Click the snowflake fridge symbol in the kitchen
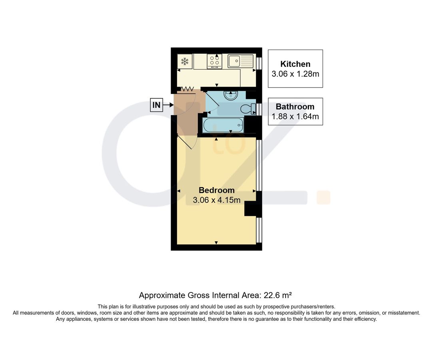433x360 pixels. click(x=185, y=62)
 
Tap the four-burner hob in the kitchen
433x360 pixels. click(x=215, y=62)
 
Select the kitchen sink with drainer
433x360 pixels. click(x=241, y=61)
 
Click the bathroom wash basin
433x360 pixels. click(x=231, y=96)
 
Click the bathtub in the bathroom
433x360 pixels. click(x=223, y=125)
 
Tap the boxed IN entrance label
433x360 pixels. click(x=156, y=105)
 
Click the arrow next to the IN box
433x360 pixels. click(x=169, y=105)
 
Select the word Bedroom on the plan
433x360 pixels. click(x=216, y=190)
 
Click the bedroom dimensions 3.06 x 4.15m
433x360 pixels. click(x=216, y=200)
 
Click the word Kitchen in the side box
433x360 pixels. click(x=295, y=64)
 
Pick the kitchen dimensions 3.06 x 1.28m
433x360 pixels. click(x=295, y=74)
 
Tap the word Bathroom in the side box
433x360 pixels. click(x=295, y=106)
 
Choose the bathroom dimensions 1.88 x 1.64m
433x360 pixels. click(x=295, y=116)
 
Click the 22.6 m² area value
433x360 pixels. click(x=275, y=296)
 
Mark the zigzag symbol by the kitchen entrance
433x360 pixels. click(x=188, y=88)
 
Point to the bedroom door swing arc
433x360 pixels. click(x=189, y=144)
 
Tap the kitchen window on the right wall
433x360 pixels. click(x=259, y=64)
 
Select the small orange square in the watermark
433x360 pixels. click(x=323, y=198)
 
